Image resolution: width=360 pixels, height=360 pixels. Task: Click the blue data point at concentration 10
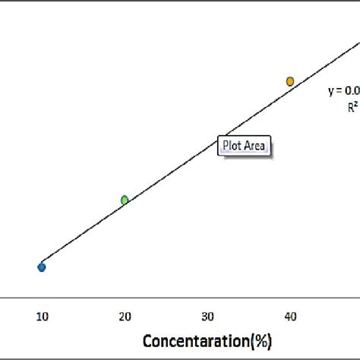click(42, 267)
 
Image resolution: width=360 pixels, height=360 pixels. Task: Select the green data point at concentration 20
click(125, 200)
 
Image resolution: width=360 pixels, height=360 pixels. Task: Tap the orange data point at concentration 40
click(290, 81)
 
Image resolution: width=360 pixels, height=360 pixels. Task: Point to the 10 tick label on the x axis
click(42, 315)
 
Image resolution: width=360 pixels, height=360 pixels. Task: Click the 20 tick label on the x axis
click(125, 315)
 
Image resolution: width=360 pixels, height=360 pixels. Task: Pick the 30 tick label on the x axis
click(207, 315)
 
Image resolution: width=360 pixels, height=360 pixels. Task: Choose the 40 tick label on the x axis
click(290, 315)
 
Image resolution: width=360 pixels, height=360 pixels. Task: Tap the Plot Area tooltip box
click(244, 145)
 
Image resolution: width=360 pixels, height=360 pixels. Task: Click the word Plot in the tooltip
click(232, 145)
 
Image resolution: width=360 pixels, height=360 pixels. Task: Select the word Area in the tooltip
click(254, 145)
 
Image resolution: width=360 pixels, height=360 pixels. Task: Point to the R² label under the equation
click(353, 107)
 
